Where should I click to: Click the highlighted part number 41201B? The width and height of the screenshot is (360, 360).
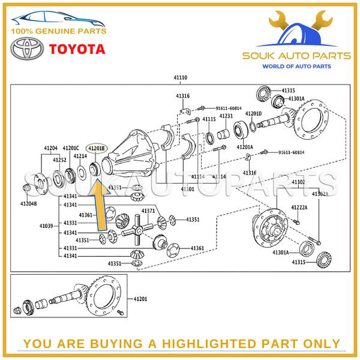[96, 148]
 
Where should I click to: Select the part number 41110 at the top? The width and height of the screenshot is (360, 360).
[181, 77]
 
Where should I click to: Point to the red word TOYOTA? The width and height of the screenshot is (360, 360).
[77, 49]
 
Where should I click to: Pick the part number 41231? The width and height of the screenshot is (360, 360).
[226, 116]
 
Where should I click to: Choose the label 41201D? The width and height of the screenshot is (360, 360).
[253, 113]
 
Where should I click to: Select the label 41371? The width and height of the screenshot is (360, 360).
[148, 211]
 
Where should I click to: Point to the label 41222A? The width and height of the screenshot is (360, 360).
[299, 207]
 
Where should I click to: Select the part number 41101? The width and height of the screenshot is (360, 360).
[188, 188]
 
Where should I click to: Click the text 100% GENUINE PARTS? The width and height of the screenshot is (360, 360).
[58, 31]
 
